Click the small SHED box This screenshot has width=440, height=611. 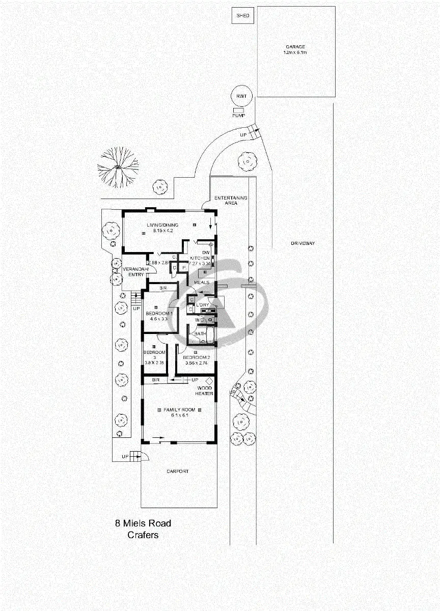coord(243,16)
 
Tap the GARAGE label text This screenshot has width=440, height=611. coord(295,47)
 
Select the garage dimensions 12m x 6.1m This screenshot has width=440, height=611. coord(295,52)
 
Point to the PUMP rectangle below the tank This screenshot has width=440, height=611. coord(238,110)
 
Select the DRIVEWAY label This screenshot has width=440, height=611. coord(302,243)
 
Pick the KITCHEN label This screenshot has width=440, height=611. coord(200,258)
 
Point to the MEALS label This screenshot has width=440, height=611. coord(201,282)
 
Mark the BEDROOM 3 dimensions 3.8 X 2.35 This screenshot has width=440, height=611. coord(154,363)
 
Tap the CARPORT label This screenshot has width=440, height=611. coord(178,471)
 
